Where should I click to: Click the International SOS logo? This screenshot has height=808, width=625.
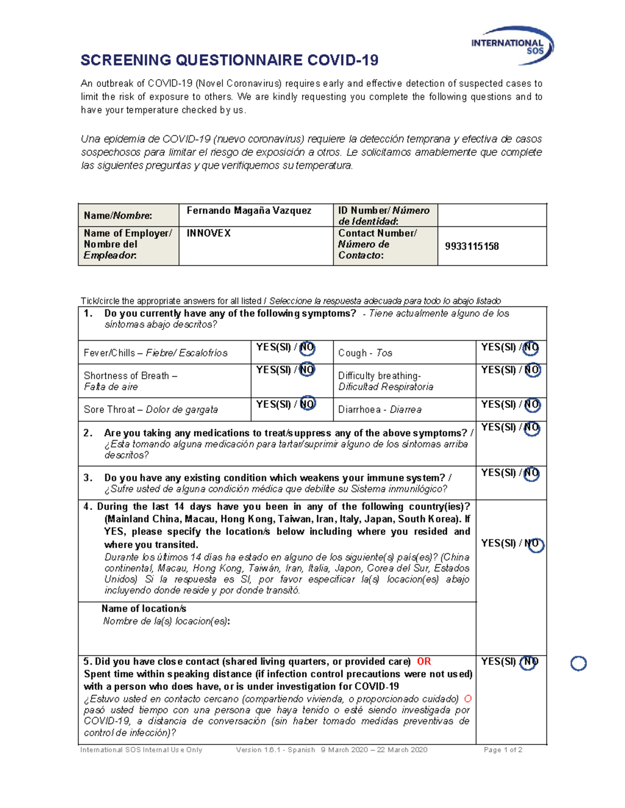coord(512,46)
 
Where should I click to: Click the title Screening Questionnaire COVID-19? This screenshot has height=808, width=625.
coord(229,60)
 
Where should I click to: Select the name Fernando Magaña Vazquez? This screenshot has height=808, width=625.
coord(249,211)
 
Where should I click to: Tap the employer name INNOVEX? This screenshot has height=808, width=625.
coord(208,234)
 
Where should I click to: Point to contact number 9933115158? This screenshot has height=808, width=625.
coord(471,247)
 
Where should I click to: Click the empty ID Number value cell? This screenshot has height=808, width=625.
coord(492,215)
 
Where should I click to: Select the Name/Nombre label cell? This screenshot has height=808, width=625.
coord(128,215)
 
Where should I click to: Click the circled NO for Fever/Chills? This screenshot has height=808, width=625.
coord(307,348)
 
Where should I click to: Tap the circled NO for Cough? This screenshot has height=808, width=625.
coord(531,348)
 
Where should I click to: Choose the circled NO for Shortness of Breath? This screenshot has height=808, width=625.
coord(307,370)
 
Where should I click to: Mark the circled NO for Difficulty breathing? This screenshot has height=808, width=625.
coord(532,370)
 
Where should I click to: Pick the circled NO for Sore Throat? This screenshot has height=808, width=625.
coord(307,404)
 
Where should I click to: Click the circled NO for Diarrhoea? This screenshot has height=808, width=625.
coord(532,404)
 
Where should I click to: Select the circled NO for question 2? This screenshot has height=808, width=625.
coord(531,428)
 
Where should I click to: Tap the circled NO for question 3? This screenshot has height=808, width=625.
coord(531,473)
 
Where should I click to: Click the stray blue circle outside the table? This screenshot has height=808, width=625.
coord(578,663)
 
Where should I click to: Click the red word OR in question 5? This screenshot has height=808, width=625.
coord(423,661)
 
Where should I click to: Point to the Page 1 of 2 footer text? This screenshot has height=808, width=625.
coord(503,750)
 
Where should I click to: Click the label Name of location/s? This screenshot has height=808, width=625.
coord(144,609)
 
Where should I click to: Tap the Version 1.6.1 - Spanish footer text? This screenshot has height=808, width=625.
coord(275,750)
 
